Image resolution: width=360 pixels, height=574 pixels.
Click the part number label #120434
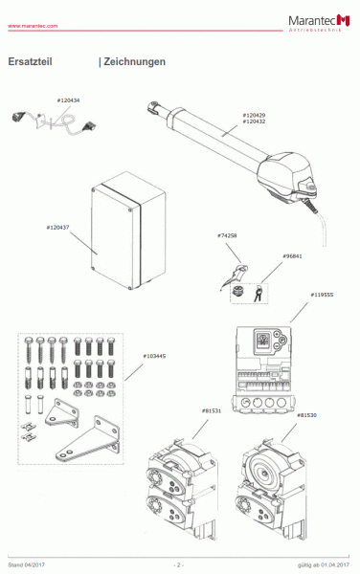[68, 100]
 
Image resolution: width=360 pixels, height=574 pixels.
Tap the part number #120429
[254, 115]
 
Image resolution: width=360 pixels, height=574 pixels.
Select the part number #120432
[254, 122]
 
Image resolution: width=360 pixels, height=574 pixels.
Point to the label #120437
[57, 228]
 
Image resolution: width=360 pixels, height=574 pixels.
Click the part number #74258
[228, 235]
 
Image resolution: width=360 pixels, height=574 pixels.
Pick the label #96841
[292, 256]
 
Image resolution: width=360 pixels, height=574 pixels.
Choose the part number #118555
[322, 296]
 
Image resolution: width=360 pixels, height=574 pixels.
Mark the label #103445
[154, 356]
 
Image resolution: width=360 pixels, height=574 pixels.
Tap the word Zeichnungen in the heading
[134, 62]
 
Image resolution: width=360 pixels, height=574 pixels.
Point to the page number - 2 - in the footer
[179, 566]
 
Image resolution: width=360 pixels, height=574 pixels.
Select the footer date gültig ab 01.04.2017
[322, 566]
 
